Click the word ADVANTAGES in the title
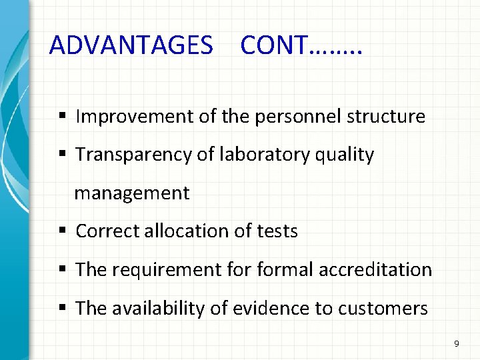[x=131, y=45]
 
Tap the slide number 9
[x=456, y=344]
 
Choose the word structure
[x=385, y=117]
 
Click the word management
[x=132, y=193]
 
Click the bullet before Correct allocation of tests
[x=61, y=231]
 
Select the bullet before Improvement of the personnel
[x=61, y=117]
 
